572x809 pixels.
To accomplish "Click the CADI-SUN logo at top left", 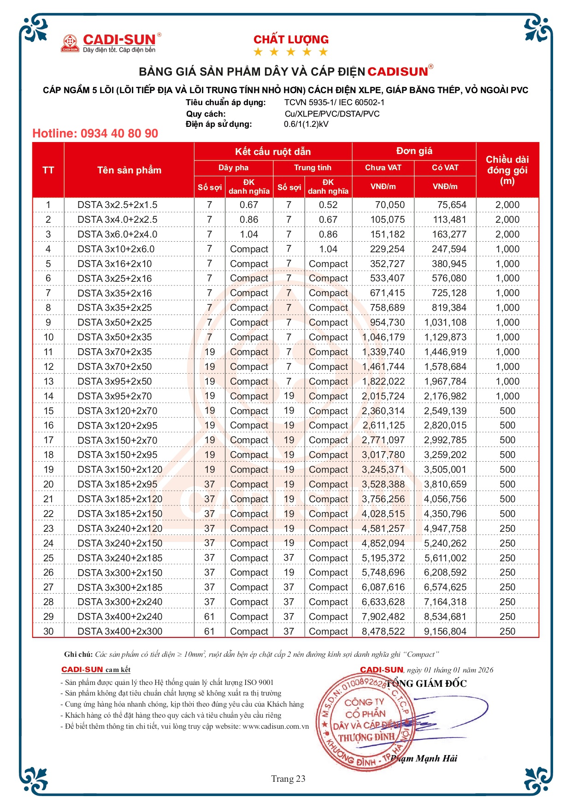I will click(111, 43).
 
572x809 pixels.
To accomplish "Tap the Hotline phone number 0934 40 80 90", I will click(119, 134).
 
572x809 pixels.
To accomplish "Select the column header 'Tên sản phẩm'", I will click(129, 170).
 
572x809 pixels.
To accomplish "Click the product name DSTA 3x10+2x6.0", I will click(116, 249).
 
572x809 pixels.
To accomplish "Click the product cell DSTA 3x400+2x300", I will click(120, 631).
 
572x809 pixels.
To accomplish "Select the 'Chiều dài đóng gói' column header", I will click(507, 170).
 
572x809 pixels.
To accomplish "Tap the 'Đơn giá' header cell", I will click(414, 151).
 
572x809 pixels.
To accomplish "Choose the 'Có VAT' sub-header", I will click(445, 167).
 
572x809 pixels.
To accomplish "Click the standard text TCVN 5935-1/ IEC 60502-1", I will click(334, 102).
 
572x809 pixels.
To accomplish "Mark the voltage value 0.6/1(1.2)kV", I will click(306, 124).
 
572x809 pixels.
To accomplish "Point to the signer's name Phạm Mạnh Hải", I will click(424, 759).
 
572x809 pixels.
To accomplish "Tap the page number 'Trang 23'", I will click(288, 779).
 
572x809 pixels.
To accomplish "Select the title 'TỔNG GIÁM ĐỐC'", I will click(426, 684).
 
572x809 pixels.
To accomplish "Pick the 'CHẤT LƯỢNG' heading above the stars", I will click(291, 40).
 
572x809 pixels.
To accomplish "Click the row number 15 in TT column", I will click(48, 411).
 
